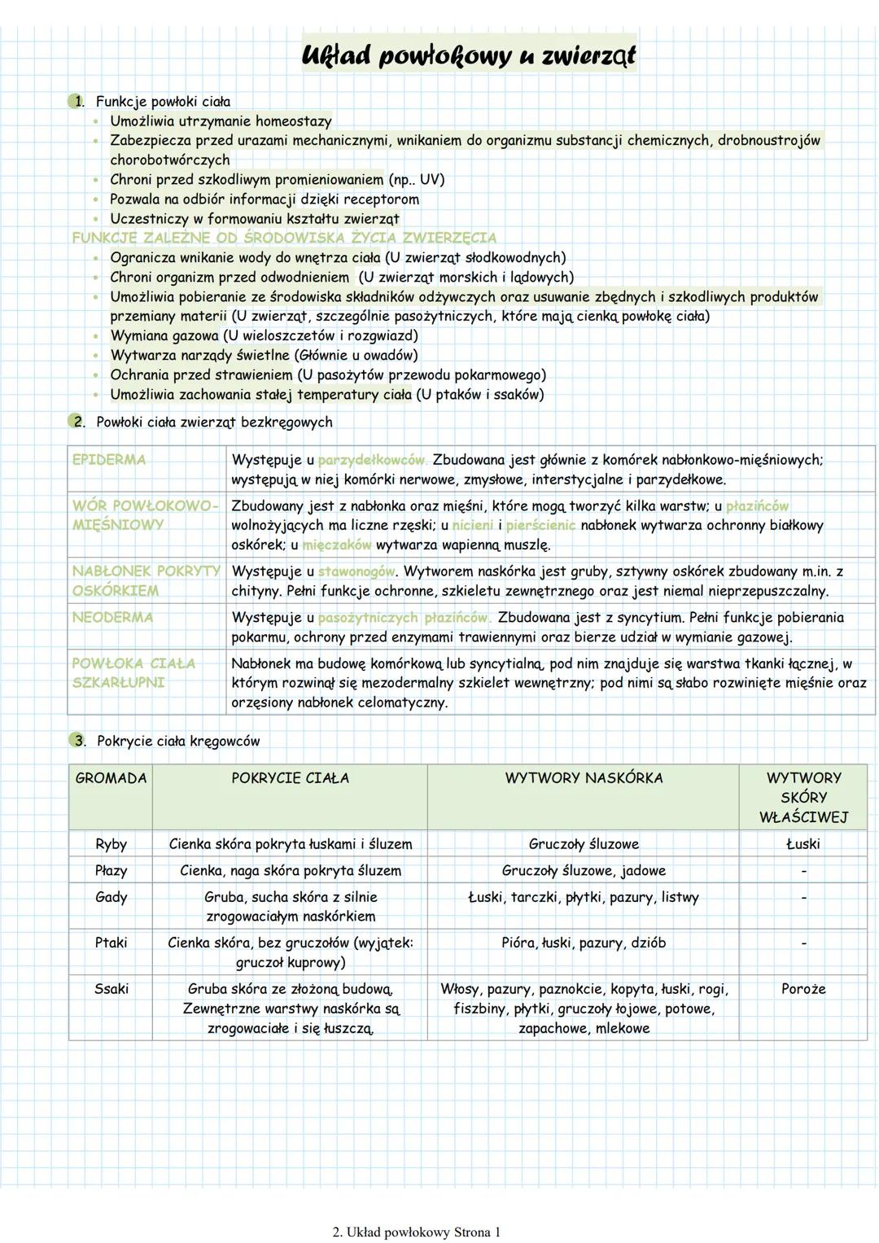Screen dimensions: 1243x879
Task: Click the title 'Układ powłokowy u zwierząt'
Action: [x=468, y=55]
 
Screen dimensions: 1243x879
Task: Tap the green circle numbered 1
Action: [x=77, y=102]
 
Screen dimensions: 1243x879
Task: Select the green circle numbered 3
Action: [x=77, y=741]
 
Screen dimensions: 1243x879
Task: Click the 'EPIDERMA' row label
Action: [x=109, y=460]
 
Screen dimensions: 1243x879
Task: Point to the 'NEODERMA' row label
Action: [x=112, y=618]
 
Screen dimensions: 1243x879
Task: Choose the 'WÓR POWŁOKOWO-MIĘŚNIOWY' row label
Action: [x=145, y=515]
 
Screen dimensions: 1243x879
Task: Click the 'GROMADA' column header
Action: [x=111, y=778]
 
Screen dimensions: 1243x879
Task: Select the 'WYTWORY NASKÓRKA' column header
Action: [x=584, y=778]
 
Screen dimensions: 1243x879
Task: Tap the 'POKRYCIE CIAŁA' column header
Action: [x=290, y=778]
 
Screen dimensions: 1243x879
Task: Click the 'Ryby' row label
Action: [x=111, y=844]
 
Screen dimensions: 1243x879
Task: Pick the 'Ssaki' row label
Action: [x=111, y=989]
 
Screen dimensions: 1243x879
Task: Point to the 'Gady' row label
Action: [x=111, y=897]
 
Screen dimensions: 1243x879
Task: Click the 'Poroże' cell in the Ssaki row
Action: [x=803, y=989]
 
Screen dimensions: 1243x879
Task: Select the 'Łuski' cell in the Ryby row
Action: [x=803, y=844]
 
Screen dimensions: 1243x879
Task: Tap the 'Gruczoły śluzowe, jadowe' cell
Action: [x=584, y=871]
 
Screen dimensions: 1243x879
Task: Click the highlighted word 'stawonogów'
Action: [x=356, y=571]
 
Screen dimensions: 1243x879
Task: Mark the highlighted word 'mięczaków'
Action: [x=336, y=545]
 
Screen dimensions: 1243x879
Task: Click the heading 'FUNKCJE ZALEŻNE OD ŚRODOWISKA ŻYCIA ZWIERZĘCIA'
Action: [x=284, y=238]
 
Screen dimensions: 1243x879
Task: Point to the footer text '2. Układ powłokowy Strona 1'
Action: [x=417, y=1232]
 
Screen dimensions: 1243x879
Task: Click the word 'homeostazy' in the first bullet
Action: [x=293, y=121]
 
